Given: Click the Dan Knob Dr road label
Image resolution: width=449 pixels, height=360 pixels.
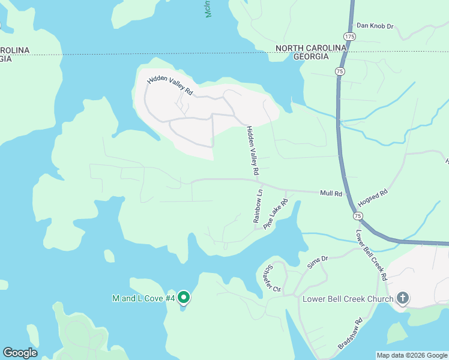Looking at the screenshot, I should point(375,26).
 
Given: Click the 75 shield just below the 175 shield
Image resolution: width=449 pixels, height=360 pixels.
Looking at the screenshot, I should point(340,71).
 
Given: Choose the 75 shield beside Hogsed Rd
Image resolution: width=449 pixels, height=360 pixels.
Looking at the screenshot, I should point(358,215).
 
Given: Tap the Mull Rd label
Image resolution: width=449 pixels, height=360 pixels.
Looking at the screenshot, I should point(331,193).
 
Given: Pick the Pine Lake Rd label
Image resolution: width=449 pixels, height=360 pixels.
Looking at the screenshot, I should point(276,212).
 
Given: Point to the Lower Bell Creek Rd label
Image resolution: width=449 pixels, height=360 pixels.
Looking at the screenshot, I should point(370,255).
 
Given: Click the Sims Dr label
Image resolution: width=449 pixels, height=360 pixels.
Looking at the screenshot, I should point(318,259).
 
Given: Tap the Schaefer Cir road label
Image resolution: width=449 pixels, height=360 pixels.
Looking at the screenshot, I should point(273,278).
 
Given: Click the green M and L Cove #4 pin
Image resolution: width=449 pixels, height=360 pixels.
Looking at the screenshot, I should point(184,297).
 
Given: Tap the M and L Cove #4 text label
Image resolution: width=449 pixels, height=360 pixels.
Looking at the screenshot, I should point(143,298).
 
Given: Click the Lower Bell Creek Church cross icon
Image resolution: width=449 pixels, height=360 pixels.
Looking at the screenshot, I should point(403,298).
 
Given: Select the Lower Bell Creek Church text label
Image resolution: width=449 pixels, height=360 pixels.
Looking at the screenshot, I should point(348,299).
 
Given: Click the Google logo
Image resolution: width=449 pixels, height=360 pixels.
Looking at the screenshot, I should point(20,353).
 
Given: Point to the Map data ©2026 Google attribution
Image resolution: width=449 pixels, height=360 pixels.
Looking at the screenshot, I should point(412,355).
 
